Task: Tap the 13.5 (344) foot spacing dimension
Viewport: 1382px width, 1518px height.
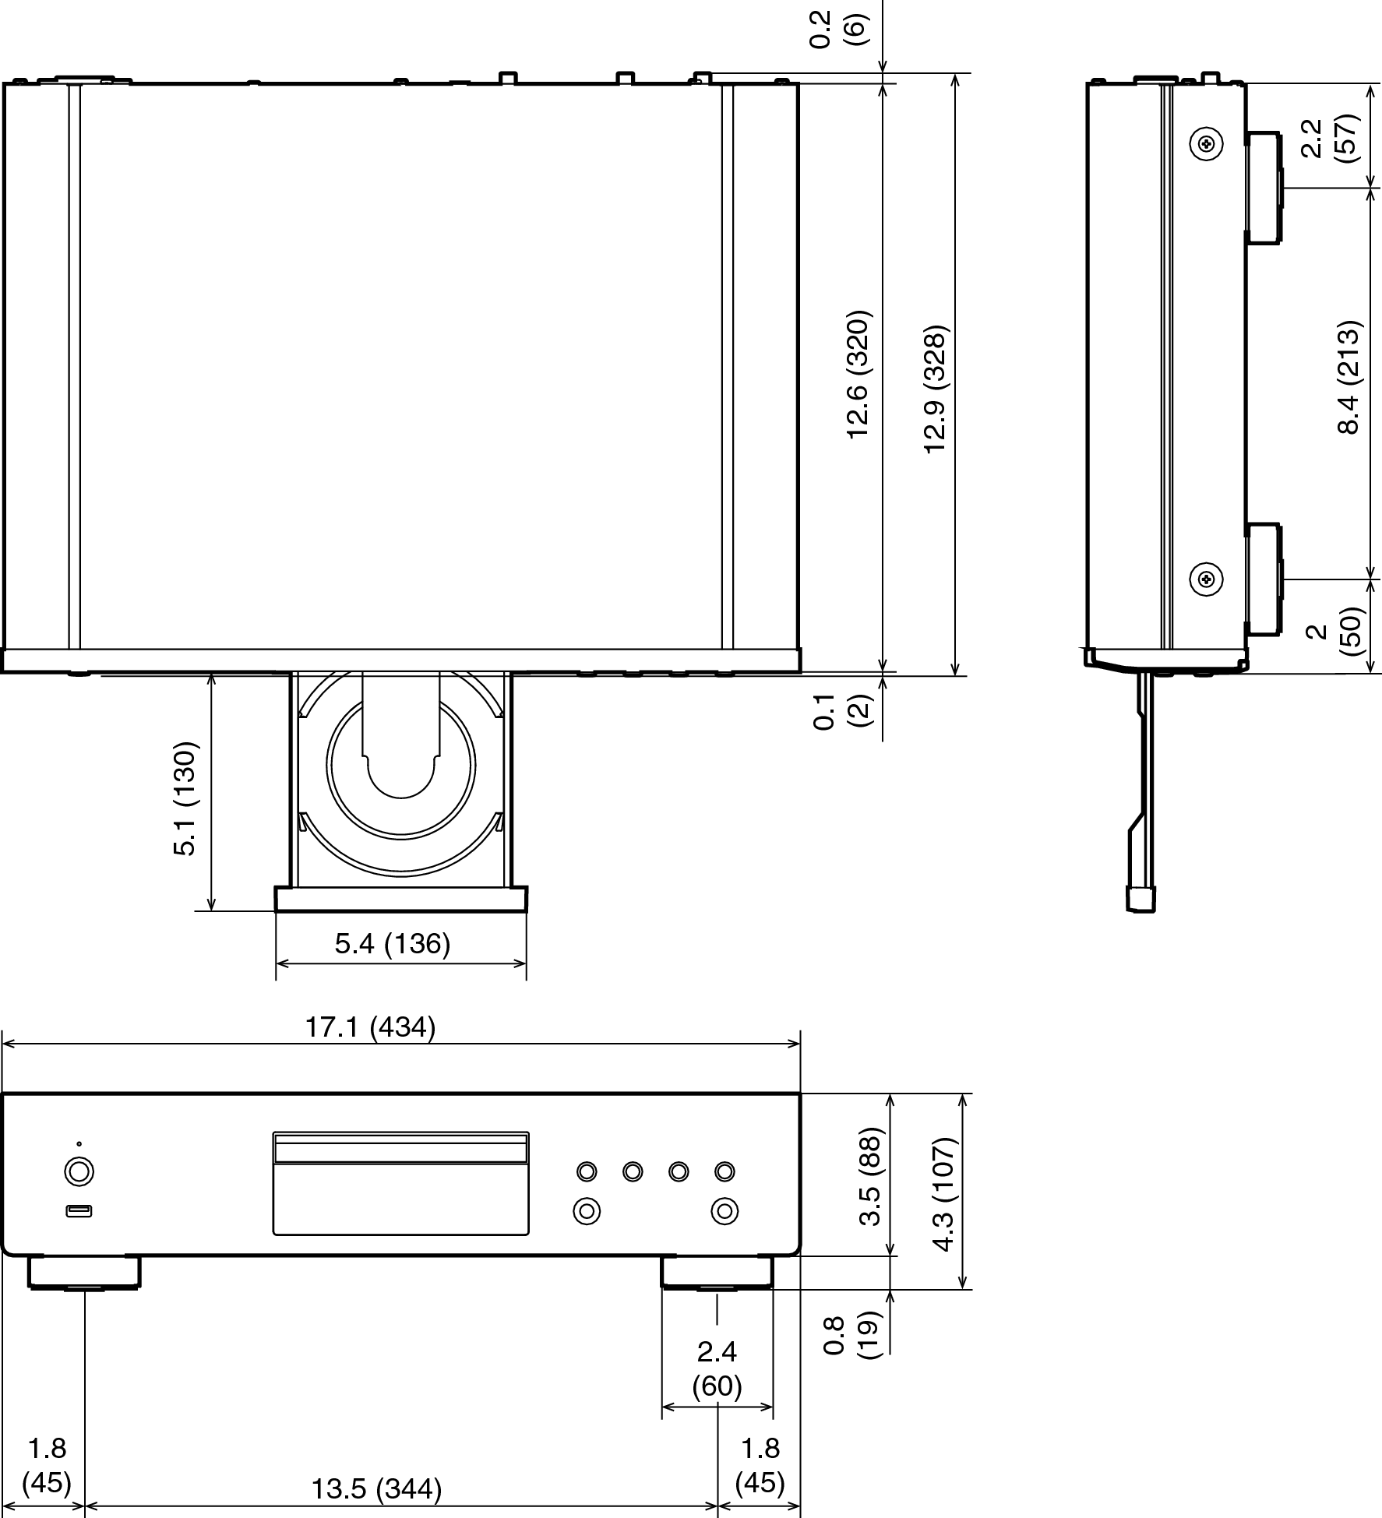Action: (376, 1489)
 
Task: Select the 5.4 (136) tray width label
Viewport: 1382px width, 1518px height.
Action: (393, 943)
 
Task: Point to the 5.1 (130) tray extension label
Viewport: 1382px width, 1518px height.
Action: (185, 799)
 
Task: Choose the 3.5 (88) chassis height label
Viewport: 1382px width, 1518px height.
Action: (870, 1176)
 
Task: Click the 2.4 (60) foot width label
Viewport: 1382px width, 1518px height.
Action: (717, 1368)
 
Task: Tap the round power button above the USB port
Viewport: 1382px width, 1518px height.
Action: (79, 1172)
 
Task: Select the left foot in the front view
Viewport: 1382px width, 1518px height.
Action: (84, 1272)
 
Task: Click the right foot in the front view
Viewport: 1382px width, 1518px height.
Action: (717, 1272)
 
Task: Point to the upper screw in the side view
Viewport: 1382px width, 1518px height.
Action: (1206, 143)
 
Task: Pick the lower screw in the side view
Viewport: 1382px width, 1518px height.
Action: (1206, 579)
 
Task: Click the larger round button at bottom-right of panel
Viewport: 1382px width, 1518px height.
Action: (724, 1211)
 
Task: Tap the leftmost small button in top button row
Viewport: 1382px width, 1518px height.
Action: (587, 1171)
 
